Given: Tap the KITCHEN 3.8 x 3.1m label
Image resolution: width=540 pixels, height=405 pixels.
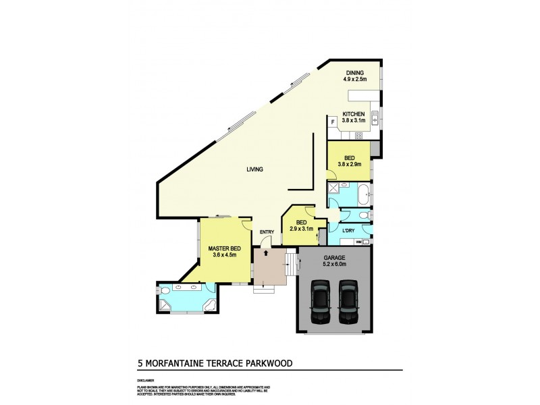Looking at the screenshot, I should [x=354, y=117].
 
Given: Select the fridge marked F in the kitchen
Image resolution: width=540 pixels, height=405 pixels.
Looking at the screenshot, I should [x=333, y=122].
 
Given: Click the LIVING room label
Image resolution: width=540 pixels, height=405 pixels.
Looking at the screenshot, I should [x=254, y=169].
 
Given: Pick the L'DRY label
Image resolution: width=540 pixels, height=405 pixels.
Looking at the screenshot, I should [x=348, y=232].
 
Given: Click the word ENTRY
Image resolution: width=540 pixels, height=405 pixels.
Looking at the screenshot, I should [x=267, y=232].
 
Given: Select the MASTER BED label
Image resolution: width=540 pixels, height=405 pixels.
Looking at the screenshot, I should [x=224, y=252].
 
